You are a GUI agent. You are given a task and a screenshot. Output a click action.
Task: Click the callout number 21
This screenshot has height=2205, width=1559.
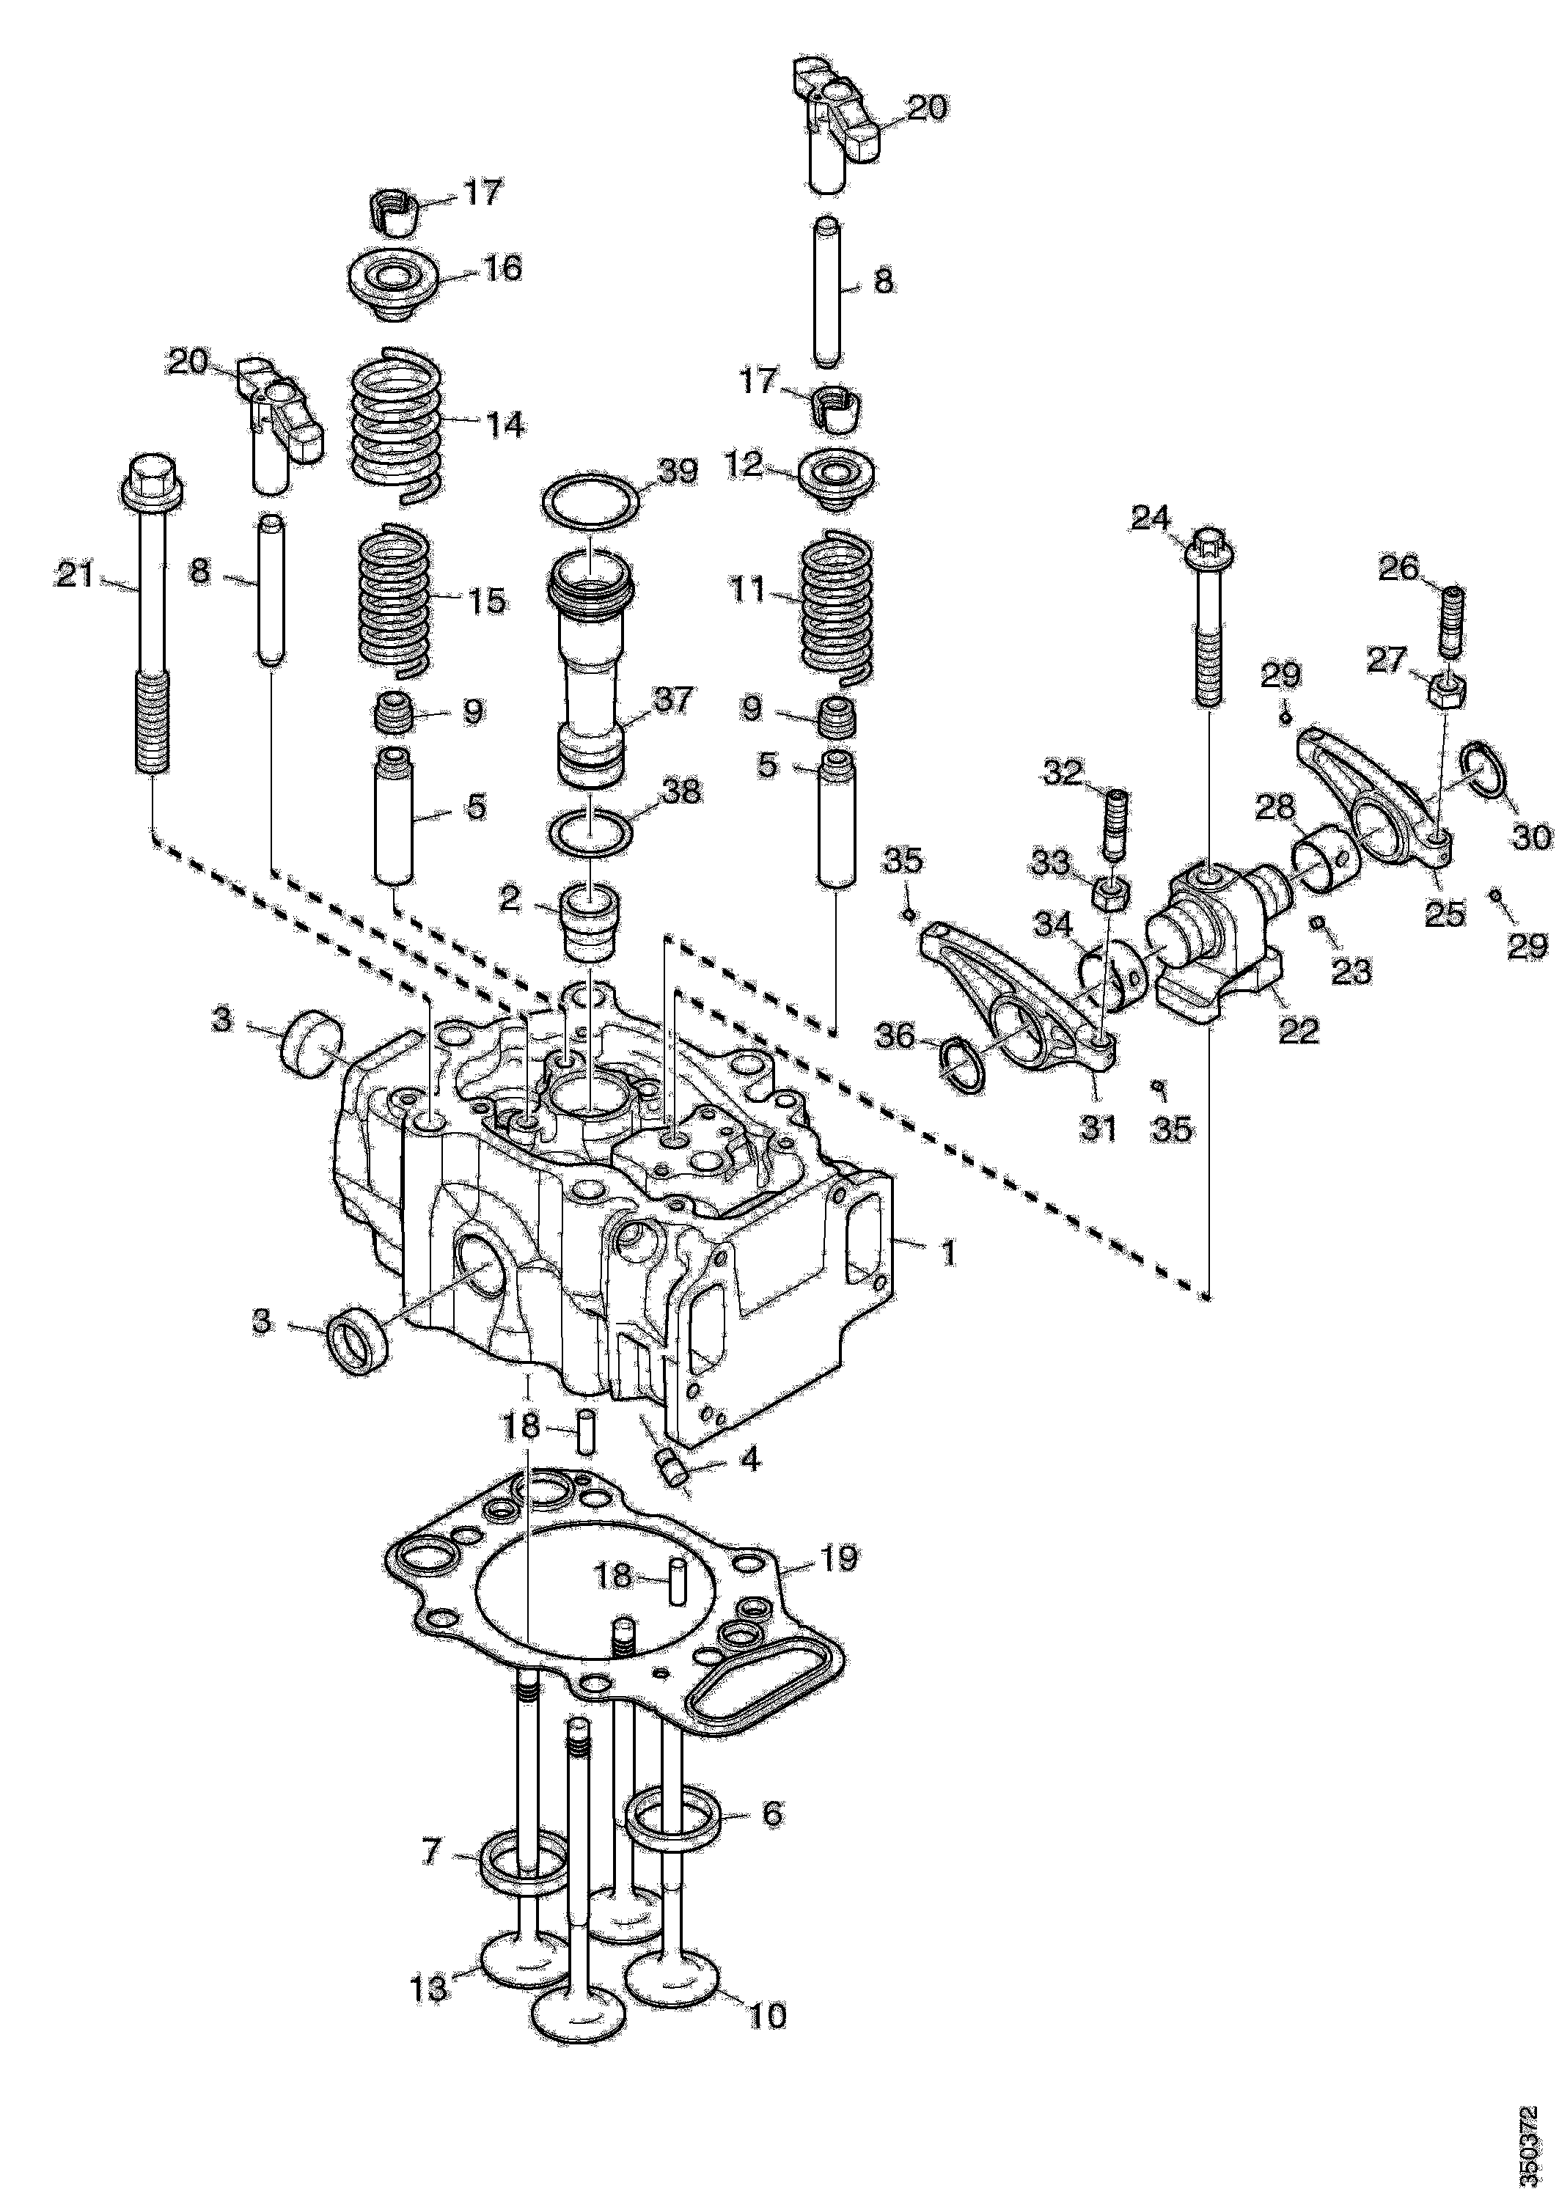click(x=76, y=576)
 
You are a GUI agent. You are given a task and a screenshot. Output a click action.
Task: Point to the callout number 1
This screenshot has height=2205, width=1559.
click(x=947, y=1252)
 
